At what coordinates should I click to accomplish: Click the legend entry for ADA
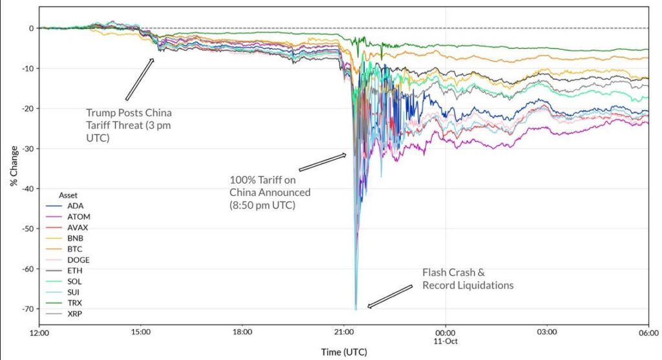click(75, 205)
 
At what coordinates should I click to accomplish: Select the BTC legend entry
click(75, 249)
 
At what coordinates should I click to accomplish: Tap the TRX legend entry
click(75, 302)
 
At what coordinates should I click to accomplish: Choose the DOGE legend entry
click(78, 260)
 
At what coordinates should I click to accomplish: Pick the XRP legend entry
click(75, 313)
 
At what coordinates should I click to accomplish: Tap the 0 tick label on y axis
click(30, 28)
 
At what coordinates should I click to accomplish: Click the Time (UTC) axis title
click(343, 352)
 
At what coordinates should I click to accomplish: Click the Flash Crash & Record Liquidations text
click(468, 279)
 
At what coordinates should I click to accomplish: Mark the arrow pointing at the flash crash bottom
click(390, 296)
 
